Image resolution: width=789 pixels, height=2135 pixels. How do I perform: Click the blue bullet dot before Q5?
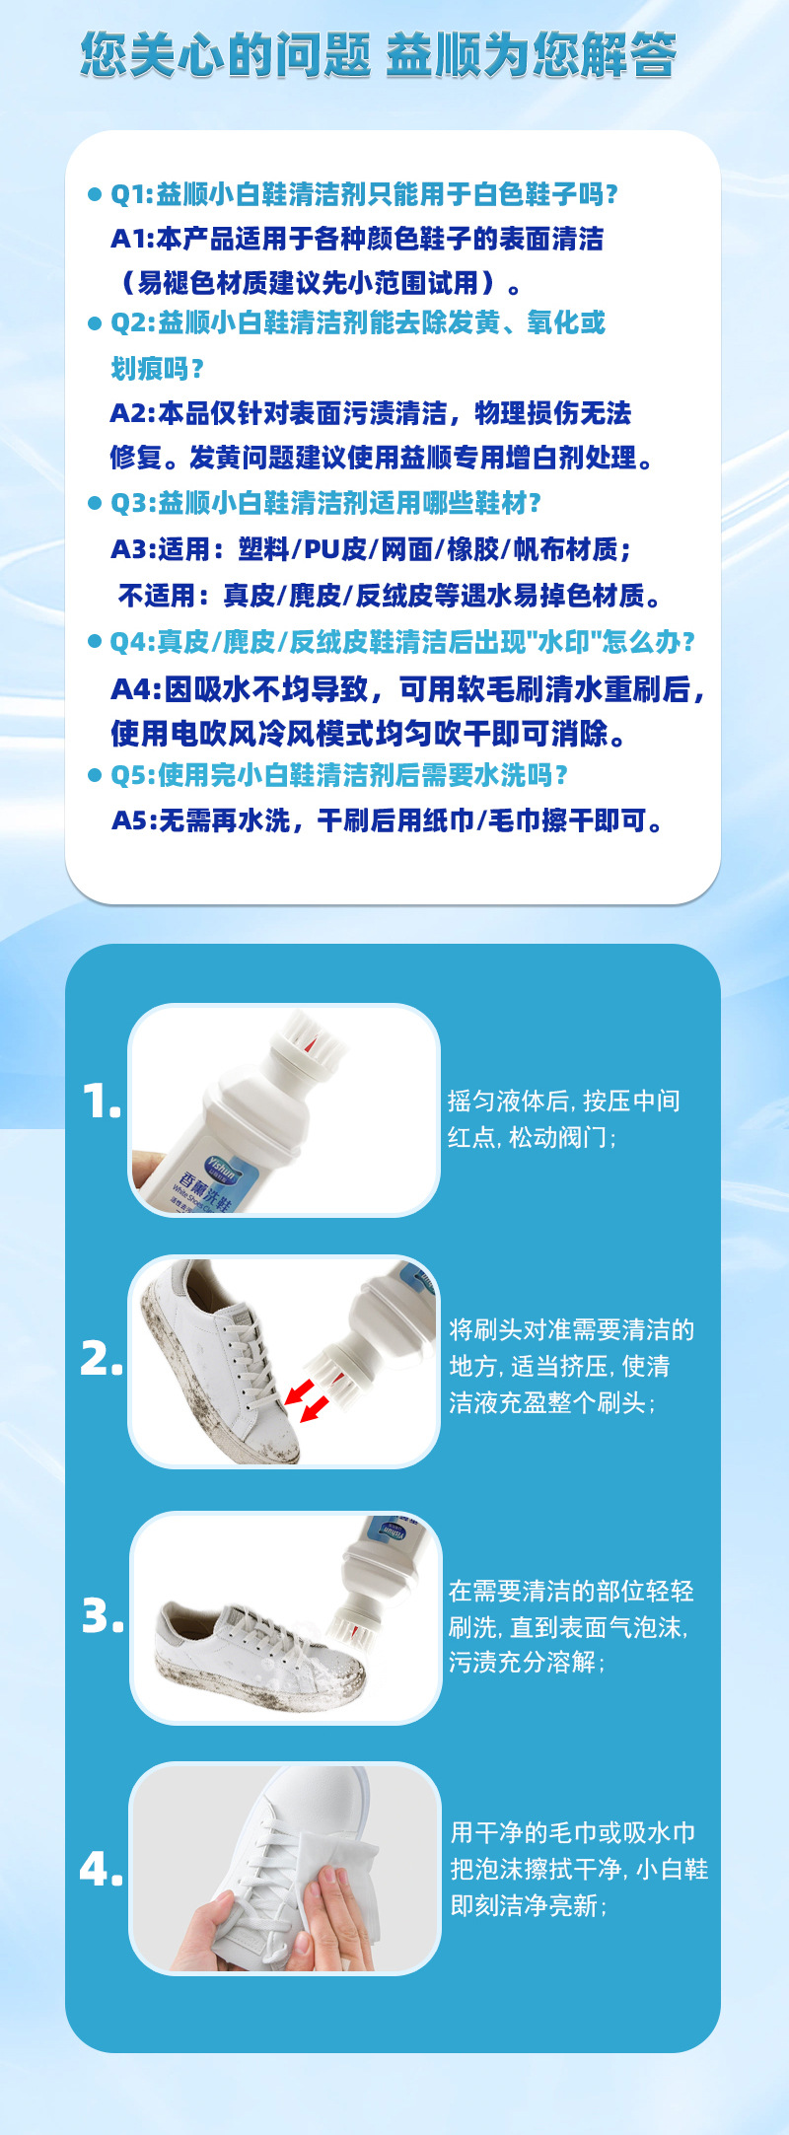coord(95,775)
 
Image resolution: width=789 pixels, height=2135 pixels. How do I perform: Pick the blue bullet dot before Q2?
coord(95,323)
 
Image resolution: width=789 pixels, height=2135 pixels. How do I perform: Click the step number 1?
coord(101,1102)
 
